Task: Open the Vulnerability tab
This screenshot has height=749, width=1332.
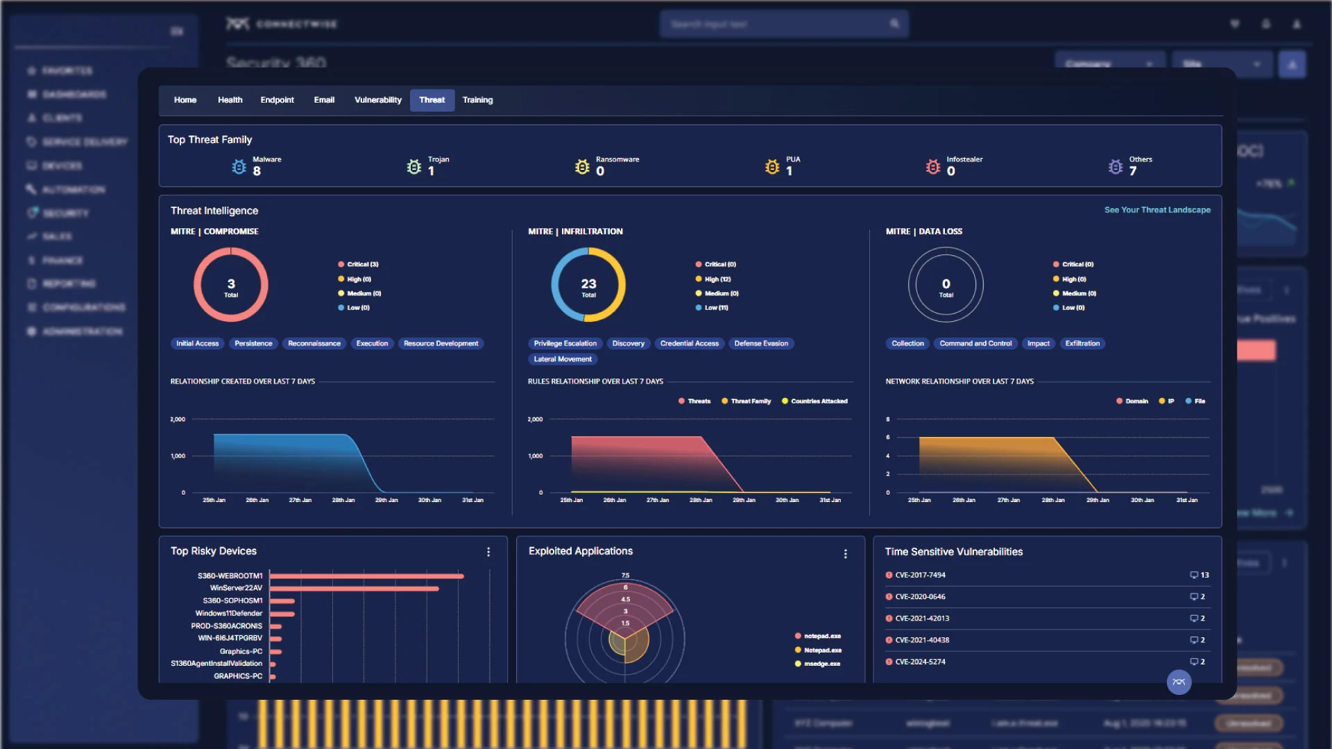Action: pyautogui.click(x=377, y=100)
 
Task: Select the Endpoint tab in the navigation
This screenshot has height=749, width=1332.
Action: pyautogui.click(x=277, y=100)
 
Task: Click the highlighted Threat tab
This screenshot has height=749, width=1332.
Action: pyautogui.click(x=432, y=100)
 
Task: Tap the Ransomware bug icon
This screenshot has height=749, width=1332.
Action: pyautogui.click(x=582, y=167)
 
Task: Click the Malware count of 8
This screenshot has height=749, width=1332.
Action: pyautogui.click(x=257, y=171)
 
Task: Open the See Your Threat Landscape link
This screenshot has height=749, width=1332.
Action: pyautogui.click(x=1157, y=209)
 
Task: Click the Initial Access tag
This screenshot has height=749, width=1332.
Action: pyautogui.click(x=197, y=343)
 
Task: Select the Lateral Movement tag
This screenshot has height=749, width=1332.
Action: pyautogui.click(x=563, y=359)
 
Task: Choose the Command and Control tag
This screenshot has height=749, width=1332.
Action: pyautogui.click(x=975, y=343)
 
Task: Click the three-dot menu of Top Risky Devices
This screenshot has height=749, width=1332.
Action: pyautogui.click(x=488, y=552)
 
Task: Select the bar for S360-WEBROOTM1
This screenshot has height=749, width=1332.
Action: pyautogui.click(x=366, y=576)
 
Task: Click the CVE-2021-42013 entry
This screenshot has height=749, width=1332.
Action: pyautogui.click(x=922, y=618)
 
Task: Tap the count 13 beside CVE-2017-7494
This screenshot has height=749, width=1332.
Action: pyautogui.click(x=1204, y=575)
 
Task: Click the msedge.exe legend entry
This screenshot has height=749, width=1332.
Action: pyautogui.click(x=821, y=664)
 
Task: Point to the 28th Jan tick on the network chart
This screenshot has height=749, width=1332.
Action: pyautogui.click(x=1052, y=500)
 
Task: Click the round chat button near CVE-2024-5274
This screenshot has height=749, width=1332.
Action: pyautogui.click(x=1179, y=682)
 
